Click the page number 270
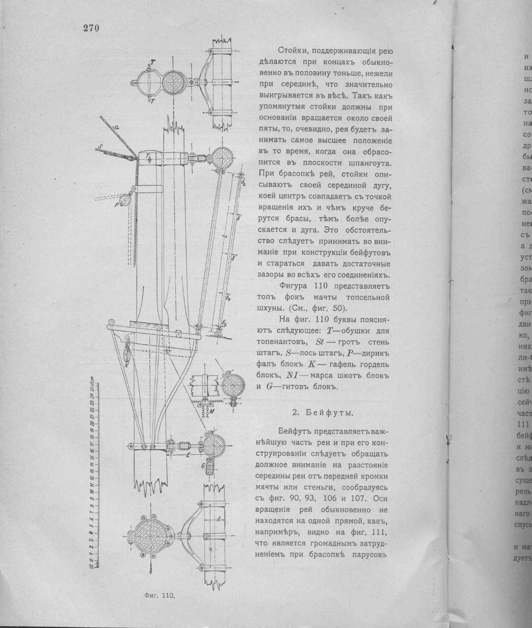(91, 28)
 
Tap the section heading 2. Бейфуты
(323, 412)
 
